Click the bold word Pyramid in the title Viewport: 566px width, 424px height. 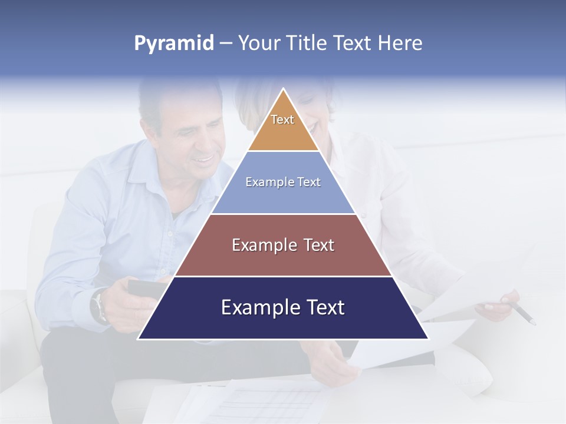[x=173, y=44]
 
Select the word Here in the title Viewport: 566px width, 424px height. [x=400, y=43]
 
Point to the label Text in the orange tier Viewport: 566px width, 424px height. [x=282, y=120]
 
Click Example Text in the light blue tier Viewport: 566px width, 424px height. [x=283, y=182]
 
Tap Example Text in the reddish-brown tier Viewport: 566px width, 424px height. [x=283, y=245]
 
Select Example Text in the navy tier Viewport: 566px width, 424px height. [x=283, y=307]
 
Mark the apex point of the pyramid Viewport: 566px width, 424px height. [x=283, y=90]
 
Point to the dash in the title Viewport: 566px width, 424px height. [x=226, y=44]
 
